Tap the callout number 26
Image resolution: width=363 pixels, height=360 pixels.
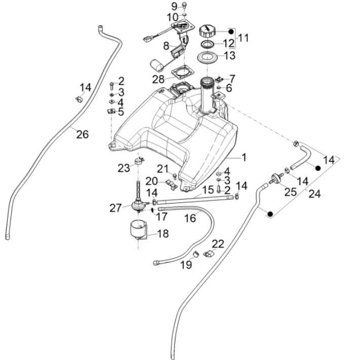tap(82, 134)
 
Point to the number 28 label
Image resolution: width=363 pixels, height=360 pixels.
tap(158, 79)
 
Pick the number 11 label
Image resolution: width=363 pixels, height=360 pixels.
tap(243, 37)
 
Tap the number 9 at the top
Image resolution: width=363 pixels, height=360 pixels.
tap(174, 6)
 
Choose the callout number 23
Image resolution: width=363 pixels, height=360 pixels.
tap(124, 168)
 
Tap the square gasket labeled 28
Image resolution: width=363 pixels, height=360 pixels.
tap(180, 74)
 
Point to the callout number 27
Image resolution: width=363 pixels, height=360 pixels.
tap(115, 207)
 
